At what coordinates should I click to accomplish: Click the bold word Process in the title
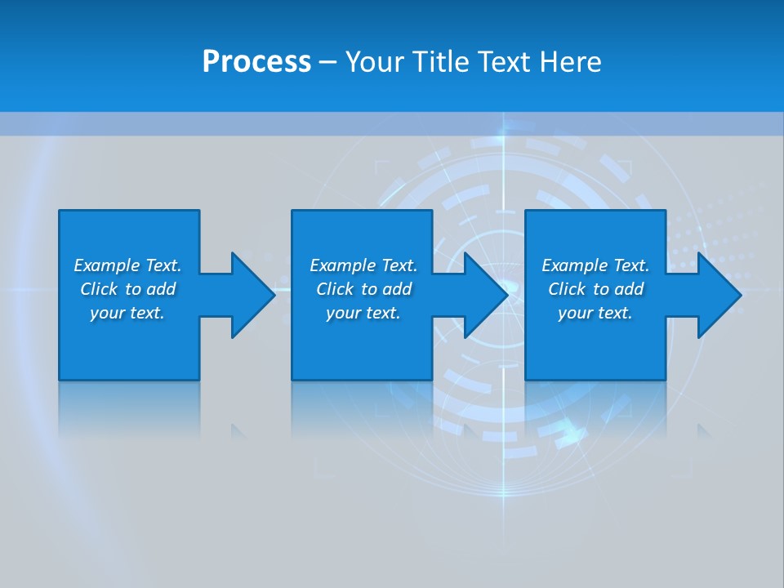(x=256, y=62)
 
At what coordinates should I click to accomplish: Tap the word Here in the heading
(x=570, y=62)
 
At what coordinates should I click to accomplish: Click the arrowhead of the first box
(x=252, y=295)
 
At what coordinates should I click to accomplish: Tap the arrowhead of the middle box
(x=486, y=295)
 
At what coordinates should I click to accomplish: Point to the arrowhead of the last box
(x=719, y=295)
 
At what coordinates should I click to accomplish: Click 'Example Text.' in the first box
(x=127, y=265)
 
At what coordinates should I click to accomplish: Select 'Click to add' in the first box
(x=127, y=289)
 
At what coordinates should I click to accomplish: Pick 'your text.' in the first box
(x=127, y=313)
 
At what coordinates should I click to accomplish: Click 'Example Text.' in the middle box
(x=363, y=265)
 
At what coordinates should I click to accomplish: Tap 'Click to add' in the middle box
(x=363, y=289)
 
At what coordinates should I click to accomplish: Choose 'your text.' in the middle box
(x=363, y=313)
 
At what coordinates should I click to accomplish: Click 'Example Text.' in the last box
(x=595, y=265)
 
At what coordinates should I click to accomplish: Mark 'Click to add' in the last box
(x=595, y=289)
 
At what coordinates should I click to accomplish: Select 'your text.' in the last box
(x=595, y=313)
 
